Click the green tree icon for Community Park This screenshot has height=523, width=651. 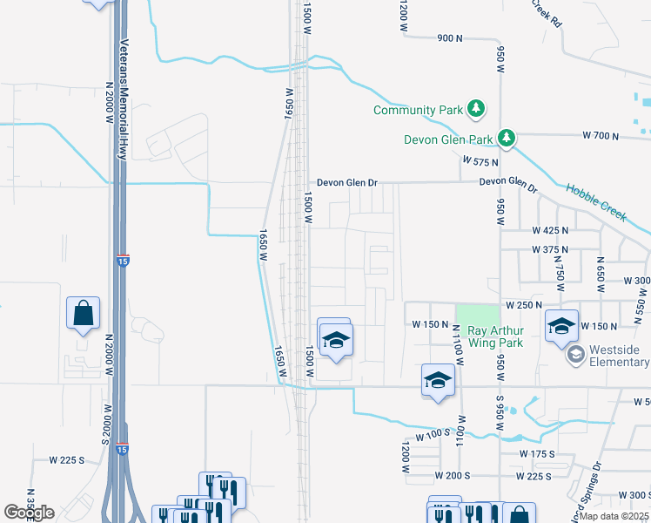click(476, 109)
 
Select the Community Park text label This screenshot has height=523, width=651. click(416, 110)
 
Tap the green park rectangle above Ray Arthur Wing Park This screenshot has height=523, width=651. click(478, 313)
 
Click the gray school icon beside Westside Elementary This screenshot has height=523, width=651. click(575, 355)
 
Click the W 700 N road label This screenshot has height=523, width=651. click(600, 136)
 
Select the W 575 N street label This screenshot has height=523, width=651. click(480, 162)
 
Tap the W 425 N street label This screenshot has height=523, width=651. click(550, 230)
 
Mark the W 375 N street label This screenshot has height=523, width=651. click(550, 250)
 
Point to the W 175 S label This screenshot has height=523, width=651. click(537, 454)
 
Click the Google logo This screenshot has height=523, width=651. click(29, 513)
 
